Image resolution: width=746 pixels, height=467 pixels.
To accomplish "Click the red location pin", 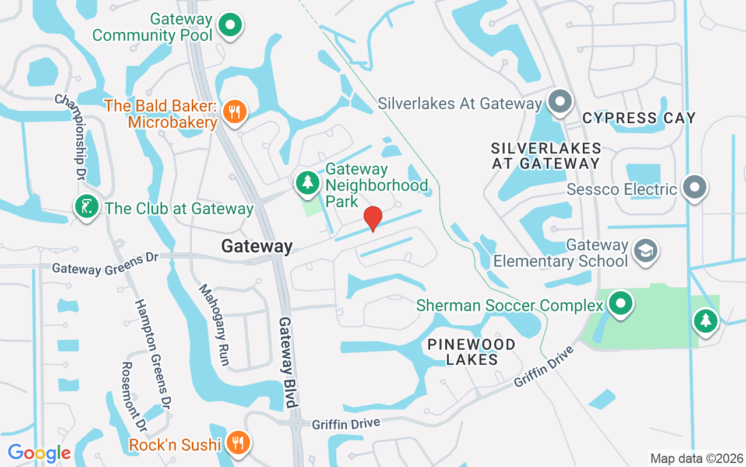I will (x=372, y=218).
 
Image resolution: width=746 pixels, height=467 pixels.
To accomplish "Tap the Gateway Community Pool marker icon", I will (x=230, y=26).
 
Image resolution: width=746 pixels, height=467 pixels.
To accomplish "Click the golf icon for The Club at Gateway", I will (x=86, y=207).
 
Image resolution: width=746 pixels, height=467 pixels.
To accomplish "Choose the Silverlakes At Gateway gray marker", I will (x=560, y=102).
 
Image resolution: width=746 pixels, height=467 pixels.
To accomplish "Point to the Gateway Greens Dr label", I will (x=105, y=264).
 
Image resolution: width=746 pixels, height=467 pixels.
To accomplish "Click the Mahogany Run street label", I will (x=213, y=325).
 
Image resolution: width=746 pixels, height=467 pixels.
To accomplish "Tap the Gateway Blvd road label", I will (x=288, y=362).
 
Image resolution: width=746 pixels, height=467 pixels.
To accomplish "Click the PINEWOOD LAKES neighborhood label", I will (x=471, y=351).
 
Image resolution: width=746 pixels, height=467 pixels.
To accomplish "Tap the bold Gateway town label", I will (x=256, y=246).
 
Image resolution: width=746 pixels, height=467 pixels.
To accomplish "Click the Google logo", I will (x=39, y=453).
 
